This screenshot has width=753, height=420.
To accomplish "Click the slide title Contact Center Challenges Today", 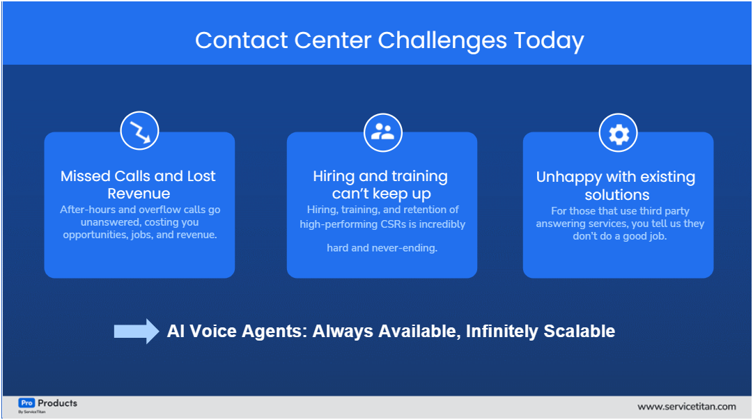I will pos(389,40).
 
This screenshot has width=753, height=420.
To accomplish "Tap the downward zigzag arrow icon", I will pos(139,131).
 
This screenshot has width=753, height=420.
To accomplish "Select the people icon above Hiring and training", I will pos(382,131).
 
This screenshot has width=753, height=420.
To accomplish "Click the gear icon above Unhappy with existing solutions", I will pos(619,134).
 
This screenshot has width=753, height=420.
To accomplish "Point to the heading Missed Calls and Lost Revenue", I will pos(138,185).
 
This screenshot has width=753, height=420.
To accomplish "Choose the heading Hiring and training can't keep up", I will pos(380,185).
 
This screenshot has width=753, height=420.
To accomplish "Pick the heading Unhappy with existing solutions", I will pos(616,186).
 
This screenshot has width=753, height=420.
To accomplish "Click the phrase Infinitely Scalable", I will pos(541,332).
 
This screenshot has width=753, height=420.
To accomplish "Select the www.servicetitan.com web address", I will pos(686,407).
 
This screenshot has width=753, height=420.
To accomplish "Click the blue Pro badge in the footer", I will pos(26,403).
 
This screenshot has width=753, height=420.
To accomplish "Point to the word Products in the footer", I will pos(57,403).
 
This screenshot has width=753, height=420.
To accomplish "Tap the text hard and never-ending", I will pos(382,248).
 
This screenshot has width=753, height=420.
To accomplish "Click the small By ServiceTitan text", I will pos(31,412).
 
